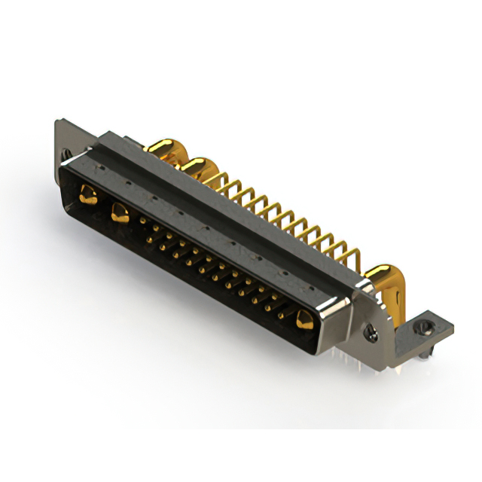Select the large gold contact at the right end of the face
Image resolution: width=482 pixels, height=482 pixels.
click(304, 319)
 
